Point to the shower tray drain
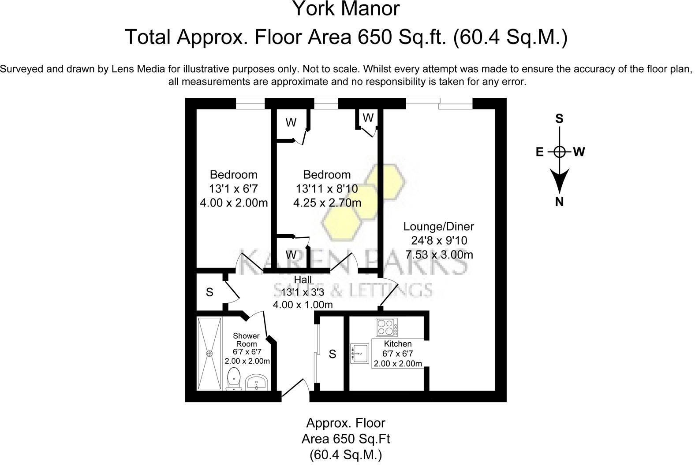click(x=209, y=353)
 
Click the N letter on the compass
click(x=559, y=202)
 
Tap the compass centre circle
click(x=559, y=152)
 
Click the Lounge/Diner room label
click(x=439, y=227)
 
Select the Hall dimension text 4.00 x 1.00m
click(x=303, y=305)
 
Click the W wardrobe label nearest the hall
click(x=291, y=255)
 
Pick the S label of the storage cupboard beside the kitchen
click(x=333, y=354)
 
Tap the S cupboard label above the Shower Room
click(x=209, y=292)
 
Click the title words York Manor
click(x=347, y=9)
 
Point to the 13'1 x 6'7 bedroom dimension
click(x=233, y=188)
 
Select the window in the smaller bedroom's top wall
click(x=250, y=103)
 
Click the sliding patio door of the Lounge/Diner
click(x=439, y=103)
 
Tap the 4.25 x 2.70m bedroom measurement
click(x=327, y=203)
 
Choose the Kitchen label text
click(x=397, y=344)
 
